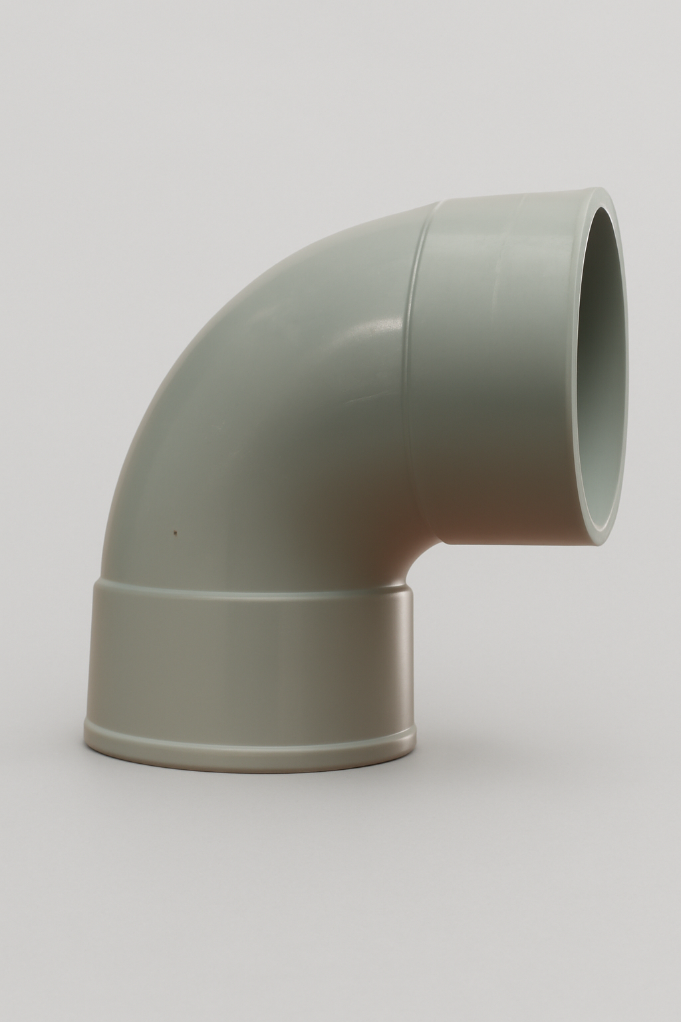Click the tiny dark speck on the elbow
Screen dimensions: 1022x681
point(174,532)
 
